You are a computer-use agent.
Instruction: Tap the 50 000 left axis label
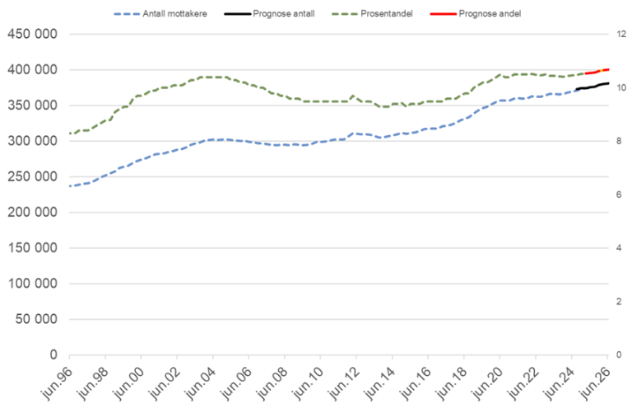click(35, 319)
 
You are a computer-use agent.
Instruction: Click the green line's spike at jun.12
click(353, 96)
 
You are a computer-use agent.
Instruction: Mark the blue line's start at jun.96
click(70, 186)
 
